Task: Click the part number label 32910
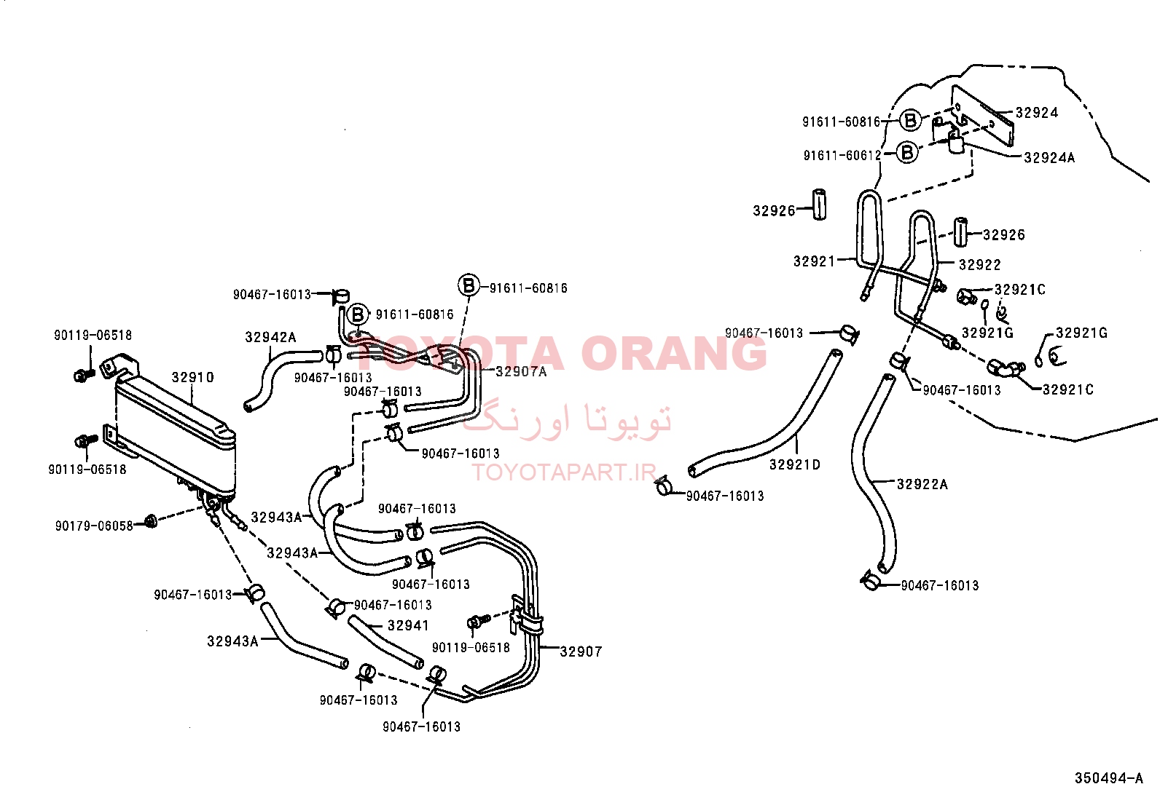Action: [x=192, y=377]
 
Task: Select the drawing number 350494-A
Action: [x=1109, y=778]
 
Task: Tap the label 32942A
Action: [x=270, y=337]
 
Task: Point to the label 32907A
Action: [x=521, y=371]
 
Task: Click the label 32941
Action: [x=408, y=625]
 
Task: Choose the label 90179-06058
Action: [x=94, y=526]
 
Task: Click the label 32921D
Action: [x=795, y=464]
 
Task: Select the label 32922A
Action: [x=922, y=484]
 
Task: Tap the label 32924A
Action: [x=1049, y=158]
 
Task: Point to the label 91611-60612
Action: [x=842, y=155]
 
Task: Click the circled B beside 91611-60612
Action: [x=907, y=153]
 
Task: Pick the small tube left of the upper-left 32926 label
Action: [x=819, y=205]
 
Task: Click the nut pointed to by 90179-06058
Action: [x=151, y=521]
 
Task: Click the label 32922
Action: [x=980, y=265]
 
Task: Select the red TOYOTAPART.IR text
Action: [x=565, y=472]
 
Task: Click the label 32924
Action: [x=1037, y=113]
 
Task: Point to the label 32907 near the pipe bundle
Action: [x=581, y=652]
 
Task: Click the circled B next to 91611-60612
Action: [x=907, y=153]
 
